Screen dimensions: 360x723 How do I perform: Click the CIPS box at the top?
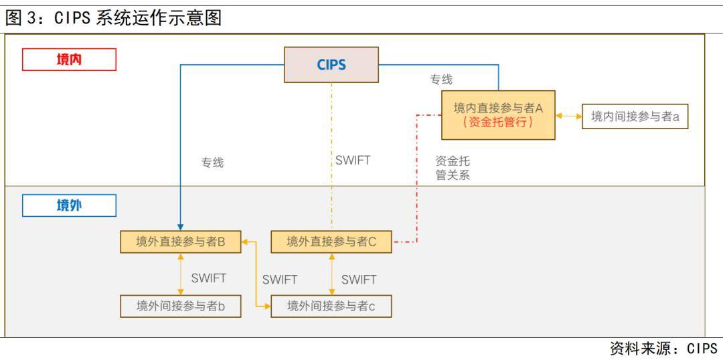pyautogui.click(x=331, y=64)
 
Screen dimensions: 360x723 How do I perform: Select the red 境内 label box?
pyautogui.click(x=69, y=60)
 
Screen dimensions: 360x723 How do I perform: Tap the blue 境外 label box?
pyautogui.click(x=69, y=205)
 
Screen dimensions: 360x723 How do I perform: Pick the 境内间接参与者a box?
pyautogui.click(x=635, y=116)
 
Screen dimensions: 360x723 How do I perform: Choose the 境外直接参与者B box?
pyautogui.click(x=180, y=242)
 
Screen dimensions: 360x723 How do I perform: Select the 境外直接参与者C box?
pyautogui.click(x=331, y=242)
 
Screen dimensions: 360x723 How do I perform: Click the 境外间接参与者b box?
pyautogui.click(x=180, y=306)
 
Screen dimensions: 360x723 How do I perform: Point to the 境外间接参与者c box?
pyautogui.click(x=331, y=306)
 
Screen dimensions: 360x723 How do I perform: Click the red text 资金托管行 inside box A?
pyautogui.click(x=498, y=123)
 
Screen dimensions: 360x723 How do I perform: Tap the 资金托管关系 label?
pyautogui.click(x=453, y=168)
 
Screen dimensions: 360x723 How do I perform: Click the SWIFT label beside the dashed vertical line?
pyautogui.click(x=352, y=161)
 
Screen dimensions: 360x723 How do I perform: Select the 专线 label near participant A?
pyautogui.click(x=441, y=80)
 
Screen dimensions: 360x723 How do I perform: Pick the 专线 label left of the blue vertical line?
pyautogui.click(x=212, y=163)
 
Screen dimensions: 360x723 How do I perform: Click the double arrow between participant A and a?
pyautogui.click(x=568, y=116)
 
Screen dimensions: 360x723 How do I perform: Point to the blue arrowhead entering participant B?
pyautogui.click(x=181, y=226)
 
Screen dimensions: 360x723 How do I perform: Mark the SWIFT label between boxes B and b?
pyautogui.click(x=208, y=278)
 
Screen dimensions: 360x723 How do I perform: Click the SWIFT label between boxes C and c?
pyautogui.click(x=359, y=280)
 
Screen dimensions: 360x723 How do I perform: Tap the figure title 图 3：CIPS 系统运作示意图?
pyautogui.click(x=114, y=18)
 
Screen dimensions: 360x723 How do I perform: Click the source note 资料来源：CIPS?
pyautogui.click(x=663, y=349)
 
